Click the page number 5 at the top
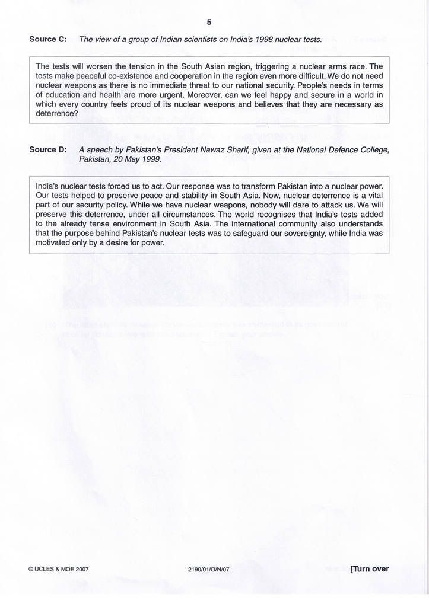209,22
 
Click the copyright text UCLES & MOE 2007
59,569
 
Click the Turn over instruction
370,569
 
